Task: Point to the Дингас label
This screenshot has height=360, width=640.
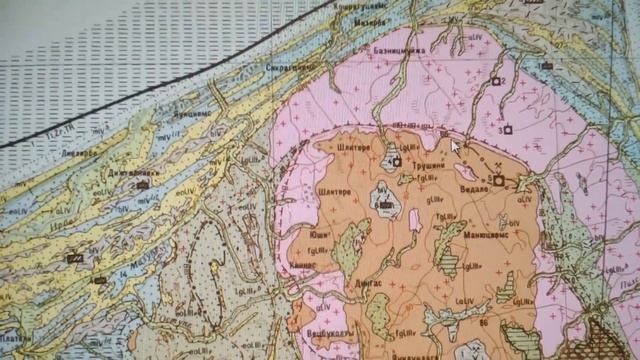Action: (340, 284)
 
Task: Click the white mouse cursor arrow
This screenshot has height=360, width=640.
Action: (455, 146)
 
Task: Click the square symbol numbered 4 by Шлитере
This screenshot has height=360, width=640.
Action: (397, 160)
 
